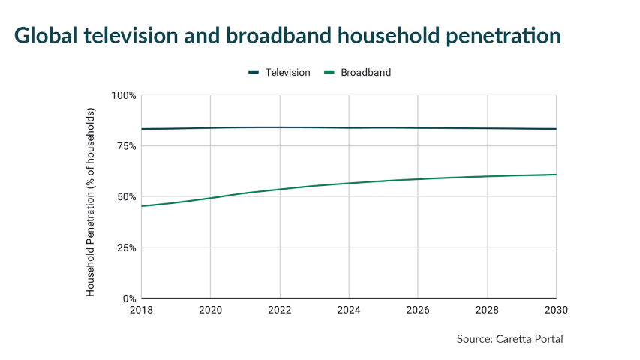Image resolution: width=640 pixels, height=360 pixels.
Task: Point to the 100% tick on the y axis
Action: (123, 95)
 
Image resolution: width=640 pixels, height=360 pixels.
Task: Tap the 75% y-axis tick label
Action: (125, 146)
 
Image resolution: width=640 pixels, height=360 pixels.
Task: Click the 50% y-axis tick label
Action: (125, 196)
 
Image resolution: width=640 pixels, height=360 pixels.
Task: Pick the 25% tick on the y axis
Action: (125, 247)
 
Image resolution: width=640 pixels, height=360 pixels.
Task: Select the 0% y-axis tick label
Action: (128, 298)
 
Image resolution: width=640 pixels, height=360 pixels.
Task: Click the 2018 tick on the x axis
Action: (142, 309)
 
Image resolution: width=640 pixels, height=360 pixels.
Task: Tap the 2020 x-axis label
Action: (211, 309)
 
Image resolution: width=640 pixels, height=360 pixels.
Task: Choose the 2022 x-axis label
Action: (280, 309)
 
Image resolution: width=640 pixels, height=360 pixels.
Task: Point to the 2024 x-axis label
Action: (349, 309)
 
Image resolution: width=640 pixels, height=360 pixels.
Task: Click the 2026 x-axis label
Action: (418, 309)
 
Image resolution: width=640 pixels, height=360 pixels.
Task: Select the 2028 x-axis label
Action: (487, 309)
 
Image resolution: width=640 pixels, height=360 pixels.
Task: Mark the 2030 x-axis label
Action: (555, 309)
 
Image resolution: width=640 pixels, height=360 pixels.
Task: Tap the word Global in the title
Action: (46, 35)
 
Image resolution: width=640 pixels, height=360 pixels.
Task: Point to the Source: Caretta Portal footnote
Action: (509, 339)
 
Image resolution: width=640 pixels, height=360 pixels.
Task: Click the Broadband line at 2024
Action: (349, 183)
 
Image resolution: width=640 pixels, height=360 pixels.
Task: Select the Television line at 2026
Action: (418, 128)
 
